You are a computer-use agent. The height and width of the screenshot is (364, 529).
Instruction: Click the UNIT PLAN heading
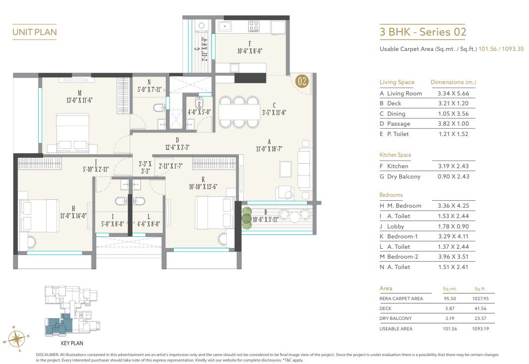(34, 33)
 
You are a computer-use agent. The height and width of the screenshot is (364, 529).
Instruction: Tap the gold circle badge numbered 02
(302, 81)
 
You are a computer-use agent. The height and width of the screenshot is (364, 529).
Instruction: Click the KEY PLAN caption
(72, 343)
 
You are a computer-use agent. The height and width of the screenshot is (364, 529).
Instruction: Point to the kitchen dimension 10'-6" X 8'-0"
(249, 50)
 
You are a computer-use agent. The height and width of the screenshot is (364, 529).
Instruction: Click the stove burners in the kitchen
(254, 25)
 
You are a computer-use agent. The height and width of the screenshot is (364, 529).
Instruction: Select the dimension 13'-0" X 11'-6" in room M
(79, 99)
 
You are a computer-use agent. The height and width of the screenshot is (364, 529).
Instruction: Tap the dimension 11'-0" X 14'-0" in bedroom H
(73, 215)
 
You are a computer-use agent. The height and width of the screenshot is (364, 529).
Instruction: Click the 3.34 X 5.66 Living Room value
(453, 93)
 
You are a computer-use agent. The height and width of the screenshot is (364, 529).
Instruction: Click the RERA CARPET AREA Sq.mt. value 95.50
(449, 299)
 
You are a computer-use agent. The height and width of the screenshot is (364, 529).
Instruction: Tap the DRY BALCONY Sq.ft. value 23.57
(481, 318)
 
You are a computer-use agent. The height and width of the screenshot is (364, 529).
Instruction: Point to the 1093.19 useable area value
(481, 328)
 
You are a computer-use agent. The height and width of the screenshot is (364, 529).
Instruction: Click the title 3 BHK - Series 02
(423, 33)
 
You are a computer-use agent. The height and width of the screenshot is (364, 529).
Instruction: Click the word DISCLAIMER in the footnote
(48, 355)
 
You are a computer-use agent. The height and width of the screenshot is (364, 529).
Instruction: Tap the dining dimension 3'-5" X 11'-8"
(273, 112)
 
